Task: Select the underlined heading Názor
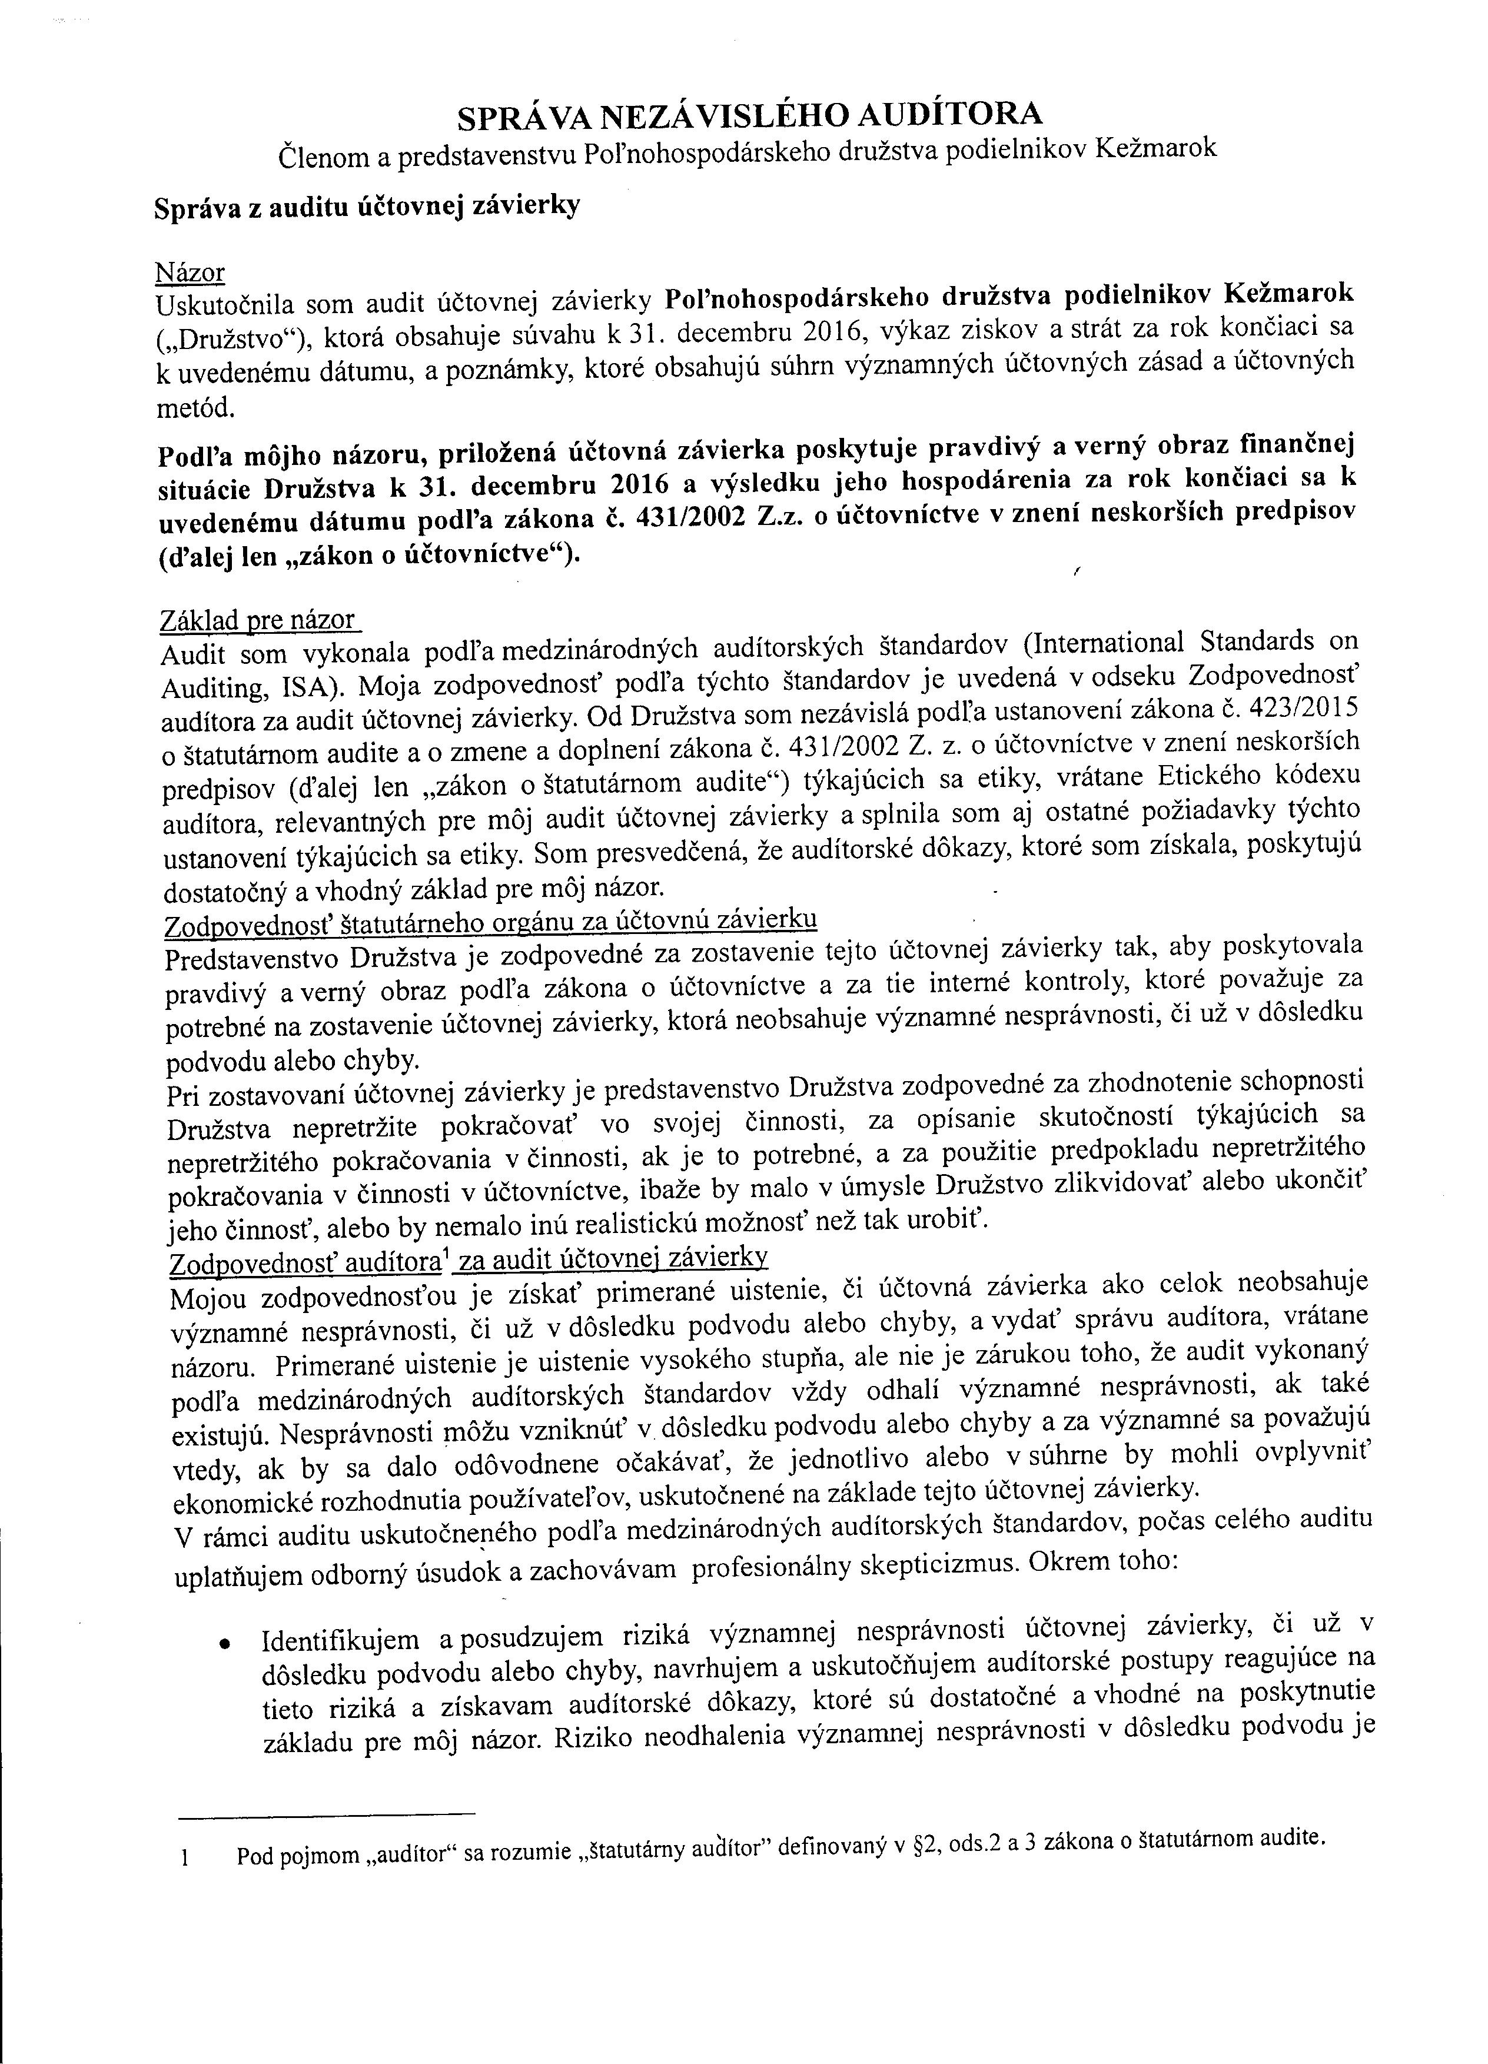[x=190, y=273]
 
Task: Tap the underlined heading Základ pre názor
[x=258, y=621]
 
